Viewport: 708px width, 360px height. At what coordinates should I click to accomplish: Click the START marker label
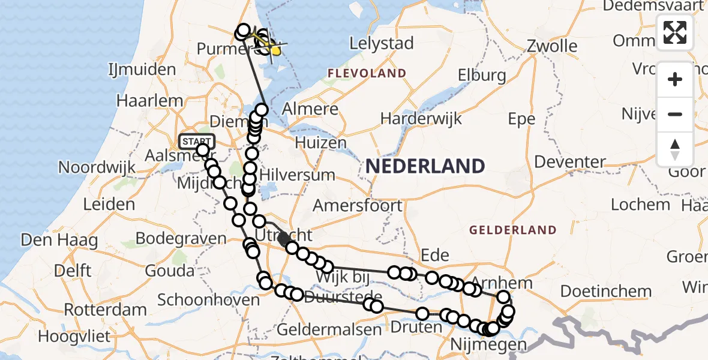[x=196, y=142]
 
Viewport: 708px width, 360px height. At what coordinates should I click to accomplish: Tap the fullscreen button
[x=675, y=32]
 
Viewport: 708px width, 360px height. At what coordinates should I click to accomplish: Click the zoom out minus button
[x=675, y=114]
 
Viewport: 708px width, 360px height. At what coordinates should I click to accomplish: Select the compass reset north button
[x=675, y=149]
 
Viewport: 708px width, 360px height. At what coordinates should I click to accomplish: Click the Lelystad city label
[x=382, y=44]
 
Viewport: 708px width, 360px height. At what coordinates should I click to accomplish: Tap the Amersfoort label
[x=358, y=206]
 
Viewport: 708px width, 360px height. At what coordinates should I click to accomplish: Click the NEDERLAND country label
[x=425, y=166]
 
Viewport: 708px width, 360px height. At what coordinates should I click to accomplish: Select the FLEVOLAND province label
[x=366, y=73]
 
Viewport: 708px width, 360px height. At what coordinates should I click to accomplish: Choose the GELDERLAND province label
[x=513, y=230]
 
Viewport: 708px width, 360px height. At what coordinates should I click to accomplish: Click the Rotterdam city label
[x=106, y=310]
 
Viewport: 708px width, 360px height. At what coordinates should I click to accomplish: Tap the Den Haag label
[x=59, y=241]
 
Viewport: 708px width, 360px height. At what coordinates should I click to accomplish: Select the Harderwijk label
[x=421, y=118]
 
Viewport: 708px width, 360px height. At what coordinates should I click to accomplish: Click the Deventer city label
[x=570, y=162]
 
